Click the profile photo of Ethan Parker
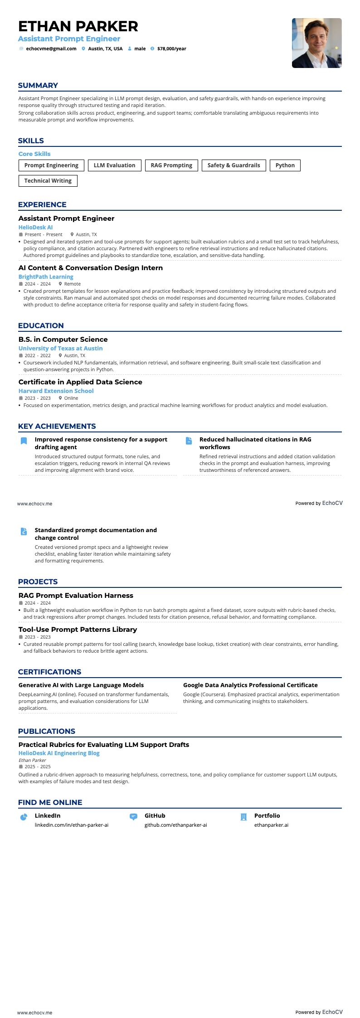(x=316, y=43)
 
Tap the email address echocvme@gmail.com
(x=51, y=49)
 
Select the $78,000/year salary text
(x=171, y=49)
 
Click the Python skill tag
(x=285, y=165)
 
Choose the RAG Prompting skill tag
(x=171, y=165)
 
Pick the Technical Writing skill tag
(x=48, y=181)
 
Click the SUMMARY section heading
(x=38, y=86)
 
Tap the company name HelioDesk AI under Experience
(x=35, y=228)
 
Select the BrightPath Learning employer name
(x=46, y=277)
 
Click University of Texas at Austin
(x=60, y=349)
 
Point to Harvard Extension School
(x=56, y=391)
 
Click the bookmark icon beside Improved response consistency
(x=24, y=441)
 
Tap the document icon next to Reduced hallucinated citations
(x=189, y=441)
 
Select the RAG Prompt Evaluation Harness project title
(x=76, y=596)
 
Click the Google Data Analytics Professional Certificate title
(x=250, y=685)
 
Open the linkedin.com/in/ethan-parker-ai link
(x=72, y=825)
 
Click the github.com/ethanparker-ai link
(x=175, y=825)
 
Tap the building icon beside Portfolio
(x=243, y=817)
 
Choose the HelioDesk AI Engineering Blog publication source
(x=59, y=753)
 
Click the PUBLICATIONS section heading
(x=47, y=731)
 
